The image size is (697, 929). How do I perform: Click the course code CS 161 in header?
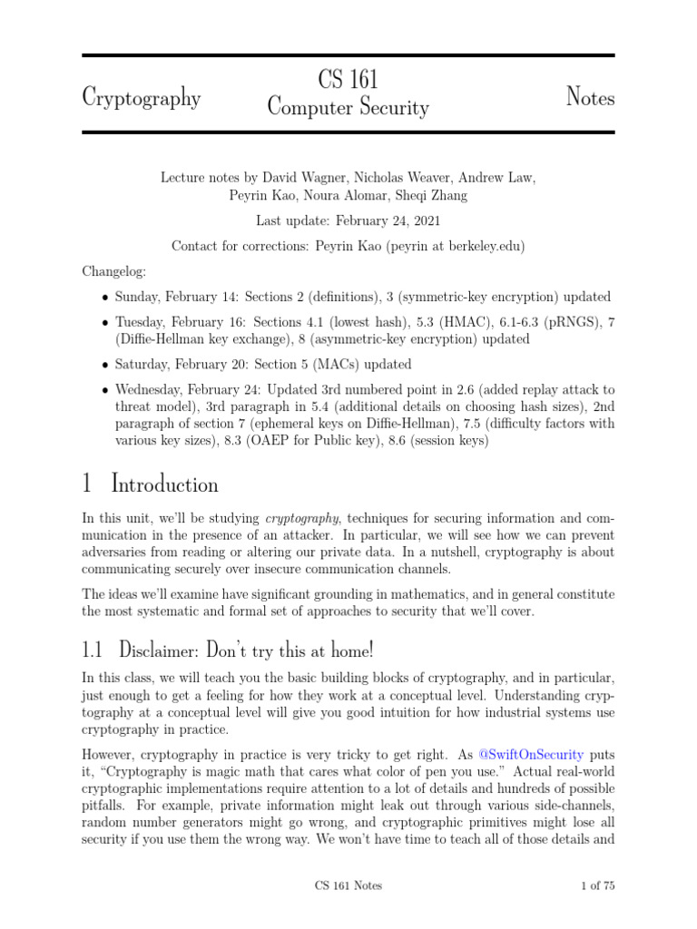348,79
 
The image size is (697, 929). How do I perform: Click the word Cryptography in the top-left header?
141,96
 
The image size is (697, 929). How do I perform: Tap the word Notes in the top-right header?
590,96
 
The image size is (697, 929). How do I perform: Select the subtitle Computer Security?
348,108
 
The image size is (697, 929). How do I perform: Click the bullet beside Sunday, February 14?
105,297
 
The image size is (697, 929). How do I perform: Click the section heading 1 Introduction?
150,484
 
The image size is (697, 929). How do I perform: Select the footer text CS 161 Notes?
348,885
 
